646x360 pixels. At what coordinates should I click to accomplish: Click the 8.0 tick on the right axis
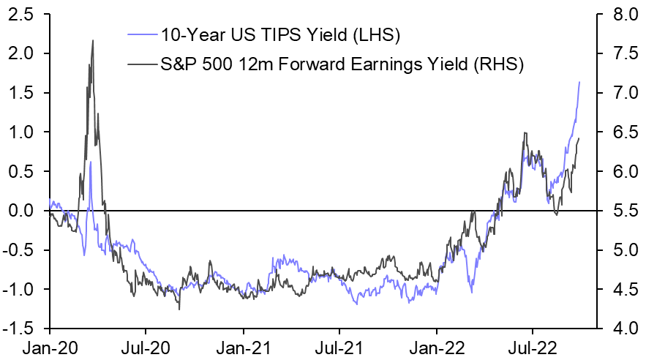click(618, 14)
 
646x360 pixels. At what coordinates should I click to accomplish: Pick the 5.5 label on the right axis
click(618, 211)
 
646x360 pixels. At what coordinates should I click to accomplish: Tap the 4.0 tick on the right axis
click(618, 329)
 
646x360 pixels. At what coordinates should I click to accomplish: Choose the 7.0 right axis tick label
click(618, 93)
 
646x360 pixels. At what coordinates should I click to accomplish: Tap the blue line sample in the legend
click(141, 34)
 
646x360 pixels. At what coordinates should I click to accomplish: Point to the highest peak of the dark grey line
click(93, 40)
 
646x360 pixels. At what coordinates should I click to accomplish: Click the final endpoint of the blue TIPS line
click(579, 82)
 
